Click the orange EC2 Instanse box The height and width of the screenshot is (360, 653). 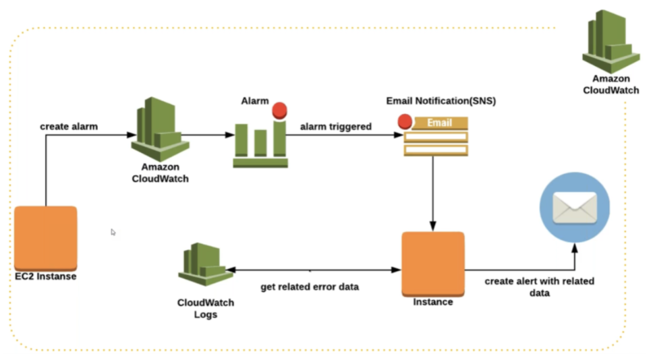click(46, 239)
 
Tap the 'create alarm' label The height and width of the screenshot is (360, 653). click(69, 127)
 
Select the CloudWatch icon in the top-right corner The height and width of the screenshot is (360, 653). click(611, 41)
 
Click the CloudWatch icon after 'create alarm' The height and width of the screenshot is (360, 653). click(161, 129)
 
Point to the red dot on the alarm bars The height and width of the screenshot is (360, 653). click(279, 111)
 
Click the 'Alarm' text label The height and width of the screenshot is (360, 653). click(255, 101)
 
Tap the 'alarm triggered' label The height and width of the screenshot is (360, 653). click(336, 127)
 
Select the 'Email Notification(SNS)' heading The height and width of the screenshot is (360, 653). click(441, 100)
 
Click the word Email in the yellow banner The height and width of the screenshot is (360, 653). click(439, 123)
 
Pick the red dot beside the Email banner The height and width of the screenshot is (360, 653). click(405, 121)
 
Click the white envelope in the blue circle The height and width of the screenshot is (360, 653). click(575, 208)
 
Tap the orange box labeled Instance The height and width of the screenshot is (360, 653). click(433, 264)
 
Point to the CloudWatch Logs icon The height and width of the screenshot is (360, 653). click(205, 264)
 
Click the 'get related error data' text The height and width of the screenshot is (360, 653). click(310, 287)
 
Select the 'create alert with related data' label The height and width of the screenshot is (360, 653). click(539, 287)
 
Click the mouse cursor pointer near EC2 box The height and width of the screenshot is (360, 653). click(113, 232)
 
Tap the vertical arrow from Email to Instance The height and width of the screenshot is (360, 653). click(433, 193)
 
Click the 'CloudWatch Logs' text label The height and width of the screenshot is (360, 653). click(206, 308)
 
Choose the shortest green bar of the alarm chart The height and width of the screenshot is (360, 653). click(260, 143)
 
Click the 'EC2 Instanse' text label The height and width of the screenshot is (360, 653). click(46, 276)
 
